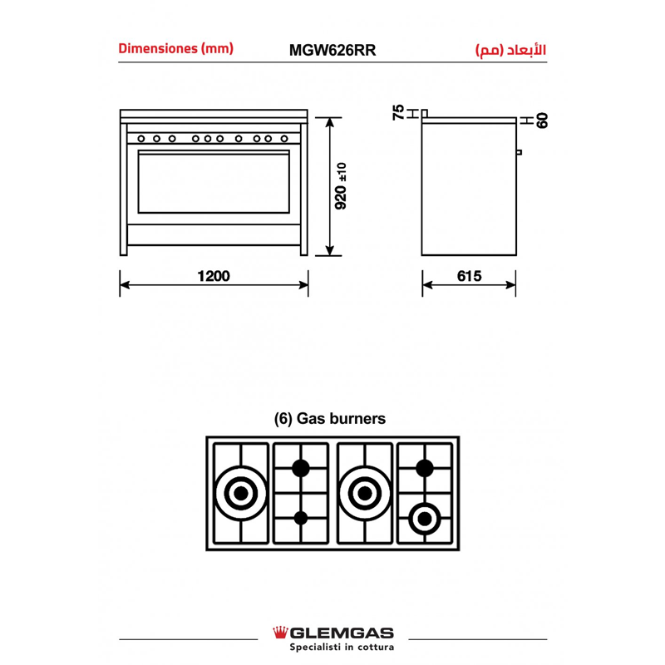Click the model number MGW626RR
pyautogui.click(x=332, y=50)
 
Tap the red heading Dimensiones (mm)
pyautogui.click(x=176, y=48)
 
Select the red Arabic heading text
pyautogui.click(x=510, y=50)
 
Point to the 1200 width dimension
pyautogui.click(x=214, y=276)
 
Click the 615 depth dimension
pyautogui.click(x=469, y=276)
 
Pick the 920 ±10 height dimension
pyautogui.click(x=341, y=185)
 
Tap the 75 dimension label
pyautogui.click(x=399, y=112)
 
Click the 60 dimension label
pyautogui.click(x=542, y=121)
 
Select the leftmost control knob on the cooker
pyautogui.click(x=141, y=139)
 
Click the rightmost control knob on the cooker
pyautogui.click(x=284, y=139)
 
